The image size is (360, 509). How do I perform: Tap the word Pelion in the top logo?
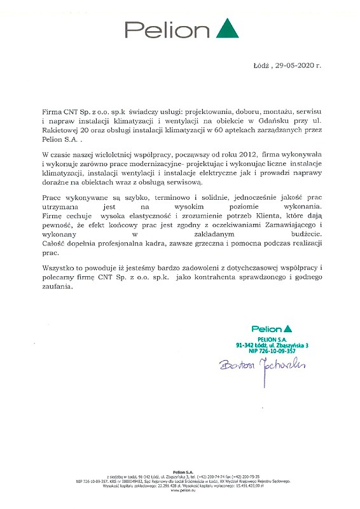click(167, 30)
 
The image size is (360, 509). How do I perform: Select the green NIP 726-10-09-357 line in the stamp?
click(272, 351)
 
